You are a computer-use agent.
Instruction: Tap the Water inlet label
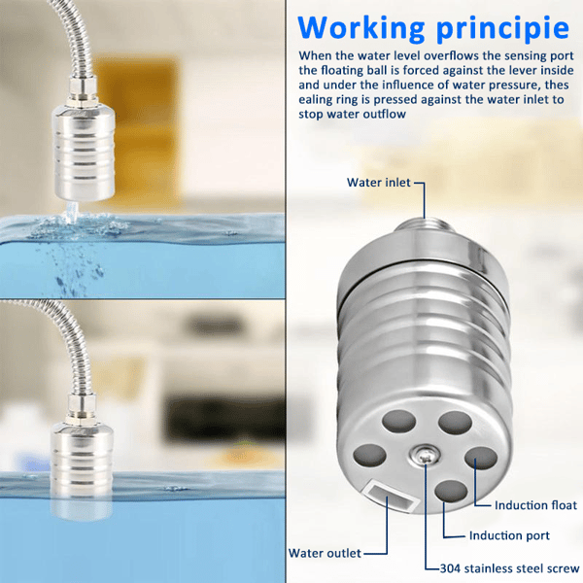379,183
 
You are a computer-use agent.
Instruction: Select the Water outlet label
325,553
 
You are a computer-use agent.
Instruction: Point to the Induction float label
535,505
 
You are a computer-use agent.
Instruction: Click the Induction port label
509,535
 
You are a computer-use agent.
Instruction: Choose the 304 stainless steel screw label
510,568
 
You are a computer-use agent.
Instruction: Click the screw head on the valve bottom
425,456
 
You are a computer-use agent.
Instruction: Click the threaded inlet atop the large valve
425,226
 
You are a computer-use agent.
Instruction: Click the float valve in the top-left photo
84,153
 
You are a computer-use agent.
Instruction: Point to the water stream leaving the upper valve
71,211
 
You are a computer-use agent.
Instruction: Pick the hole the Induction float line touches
481,458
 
